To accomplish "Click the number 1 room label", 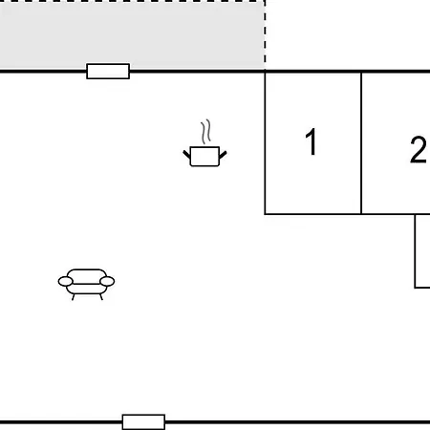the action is pyautogui.click(x=311, y=141).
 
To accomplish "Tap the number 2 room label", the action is pyautogui.click(x=418, y=150).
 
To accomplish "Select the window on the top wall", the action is pyautogui.click(x=108, y=71).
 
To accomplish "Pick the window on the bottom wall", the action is pyautogui.click(x=143, y=422).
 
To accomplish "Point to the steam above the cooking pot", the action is pyautogui.click(x=206, y=132).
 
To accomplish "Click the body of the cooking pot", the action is pyautogui.click(x=204, y=157).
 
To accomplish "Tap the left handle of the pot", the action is pyautogui.click(x=186, y=155).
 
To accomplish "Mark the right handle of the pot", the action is pyautogui.click(x=223, y=155).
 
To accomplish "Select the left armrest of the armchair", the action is pyautogui.click(x=66, y=281).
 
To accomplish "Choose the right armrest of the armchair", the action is pyautogui.click(x=107, y=281).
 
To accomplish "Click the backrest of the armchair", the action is pyautogui.click(x=86, y=275).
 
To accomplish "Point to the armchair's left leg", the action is pyautogui.click(x=74, y=297).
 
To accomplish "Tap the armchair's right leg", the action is pyautogui.click(x=101, y=297).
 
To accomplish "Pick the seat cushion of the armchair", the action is pyautogui.click(x=86, y=289).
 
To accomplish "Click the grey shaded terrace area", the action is pyautogui.click(x=132, y=35).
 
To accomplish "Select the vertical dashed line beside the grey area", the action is pyautogui.click(x=265, y=35).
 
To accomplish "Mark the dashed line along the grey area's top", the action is pyautogui.click(x=132, y=1).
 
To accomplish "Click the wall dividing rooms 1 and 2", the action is pyautogui.click(x=361, y=143).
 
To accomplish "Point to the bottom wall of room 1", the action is pyautogui.click(x=312, y=214).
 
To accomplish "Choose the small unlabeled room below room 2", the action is pyautogui.click(x=422, y=251).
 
